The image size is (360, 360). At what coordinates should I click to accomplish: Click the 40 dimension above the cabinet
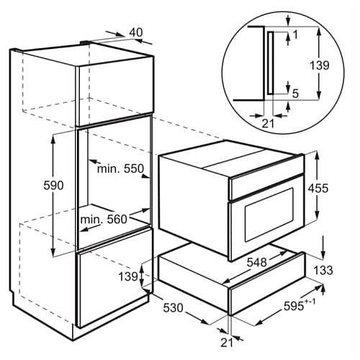coord(136,32)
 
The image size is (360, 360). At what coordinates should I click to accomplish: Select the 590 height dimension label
coord(53,185)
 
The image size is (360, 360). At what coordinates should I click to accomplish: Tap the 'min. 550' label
coord(120,168)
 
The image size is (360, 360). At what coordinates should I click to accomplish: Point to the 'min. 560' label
coord(104,220)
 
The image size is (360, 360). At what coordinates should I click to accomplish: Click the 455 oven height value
coord(318,188)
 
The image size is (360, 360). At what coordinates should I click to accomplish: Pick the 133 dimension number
coord(323,270)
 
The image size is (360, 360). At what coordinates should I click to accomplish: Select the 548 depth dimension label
coord(257,262)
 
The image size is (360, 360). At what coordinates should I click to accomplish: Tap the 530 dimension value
coord(174,307)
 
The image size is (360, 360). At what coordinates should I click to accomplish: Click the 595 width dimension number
coord(294,306)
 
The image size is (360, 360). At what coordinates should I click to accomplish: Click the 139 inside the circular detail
coord(319,66)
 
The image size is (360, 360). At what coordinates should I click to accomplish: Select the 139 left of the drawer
coord(128,276)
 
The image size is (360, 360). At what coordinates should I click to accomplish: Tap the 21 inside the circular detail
coord(268,124)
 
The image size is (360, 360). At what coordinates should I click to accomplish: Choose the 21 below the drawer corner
coord(227,343)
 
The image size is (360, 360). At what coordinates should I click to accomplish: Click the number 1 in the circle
coord(295,35)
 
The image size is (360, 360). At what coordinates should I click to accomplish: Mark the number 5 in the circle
coord(295,94)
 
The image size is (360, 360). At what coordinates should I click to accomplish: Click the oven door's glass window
coord(269,215)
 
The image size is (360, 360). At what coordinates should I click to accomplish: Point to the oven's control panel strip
coord(266,187)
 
